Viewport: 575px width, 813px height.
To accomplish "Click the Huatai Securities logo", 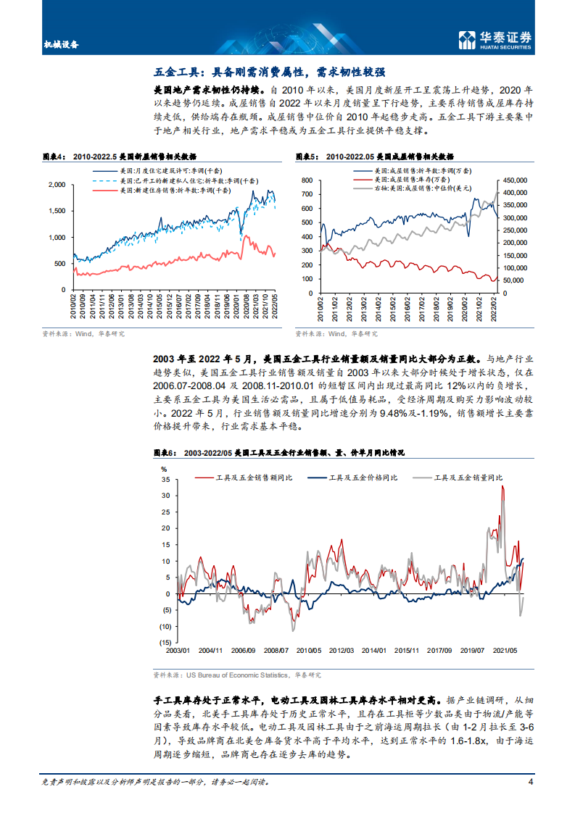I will (x=496, y=41).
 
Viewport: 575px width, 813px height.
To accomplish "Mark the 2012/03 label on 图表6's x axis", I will (x=342, y=651).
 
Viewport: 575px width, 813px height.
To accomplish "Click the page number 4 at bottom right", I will (x=531, y=782).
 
